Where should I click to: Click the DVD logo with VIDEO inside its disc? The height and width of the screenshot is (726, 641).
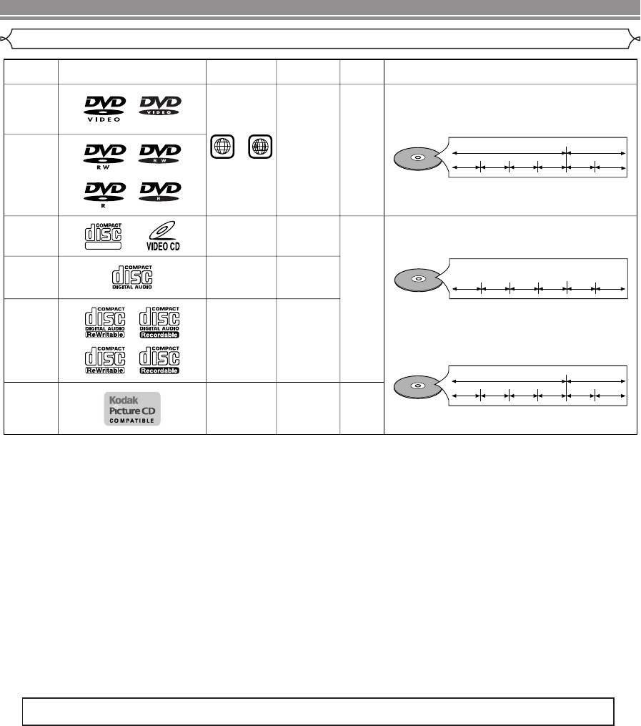click(159, 107)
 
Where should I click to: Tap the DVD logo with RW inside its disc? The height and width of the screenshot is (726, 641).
click(159, 154)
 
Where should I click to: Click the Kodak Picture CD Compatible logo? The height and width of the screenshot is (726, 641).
click(131, 408)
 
